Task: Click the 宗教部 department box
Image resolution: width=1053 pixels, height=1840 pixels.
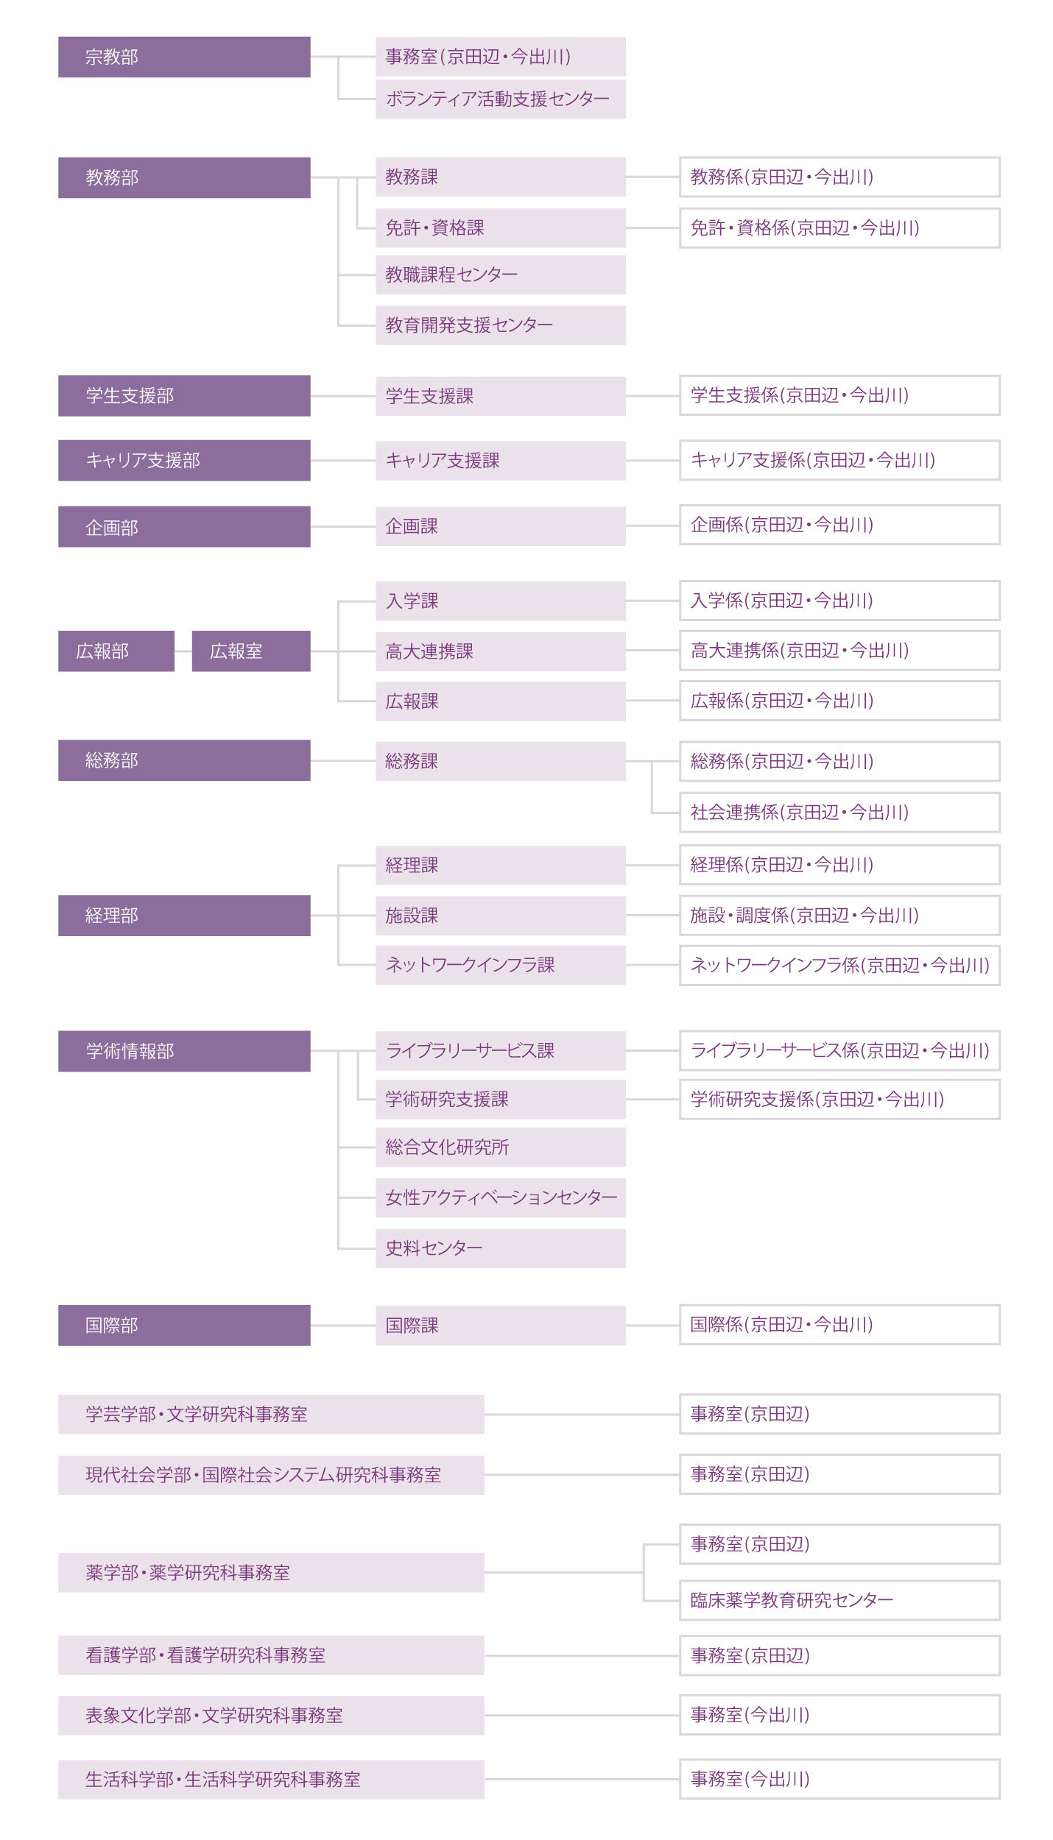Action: [184, 57]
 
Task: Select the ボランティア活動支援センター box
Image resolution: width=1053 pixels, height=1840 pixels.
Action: [501, 99]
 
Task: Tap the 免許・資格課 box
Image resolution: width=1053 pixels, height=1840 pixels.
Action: [501, 228]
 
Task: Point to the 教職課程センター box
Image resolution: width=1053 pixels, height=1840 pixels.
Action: [501, 275]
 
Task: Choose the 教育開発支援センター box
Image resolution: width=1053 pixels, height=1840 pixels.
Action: [501, 325]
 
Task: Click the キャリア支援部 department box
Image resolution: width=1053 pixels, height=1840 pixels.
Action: [184, 461]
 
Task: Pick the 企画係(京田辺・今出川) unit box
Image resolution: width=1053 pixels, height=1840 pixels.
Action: [839, 525]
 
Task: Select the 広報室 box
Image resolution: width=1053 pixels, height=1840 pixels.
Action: [251, 651]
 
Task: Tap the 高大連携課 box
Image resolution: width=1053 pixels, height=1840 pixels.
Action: [501, 651]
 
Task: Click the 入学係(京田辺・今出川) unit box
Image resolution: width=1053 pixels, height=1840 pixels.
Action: [839, 601]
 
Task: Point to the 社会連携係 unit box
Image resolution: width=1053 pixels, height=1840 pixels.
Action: [839, 813]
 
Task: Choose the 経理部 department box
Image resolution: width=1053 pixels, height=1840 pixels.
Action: [184, 916]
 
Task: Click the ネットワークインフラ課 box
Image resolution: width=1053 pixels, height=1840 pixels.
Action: [501, 966]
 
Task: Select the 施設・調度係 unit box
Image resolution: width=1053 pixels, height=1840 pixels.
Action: [839, 916]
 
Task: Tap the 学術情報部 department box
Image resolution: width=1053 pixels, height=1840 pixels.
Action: [184, 1051]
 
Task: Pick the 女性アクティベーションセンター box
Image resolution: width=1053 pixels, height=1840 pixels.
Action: [501, 1197]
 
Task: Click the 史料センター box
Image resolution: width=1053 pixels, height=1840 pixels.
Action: [501, 1248]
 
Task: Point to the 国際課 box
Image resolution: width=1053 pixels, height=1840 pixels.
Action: [501, 1326]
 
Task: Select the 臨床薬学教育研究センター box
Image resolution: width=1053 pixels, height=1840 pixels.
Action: [839, 1600]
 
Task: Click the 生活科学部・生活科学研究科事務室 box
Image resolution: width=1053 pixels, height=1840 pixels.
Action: [271, 1780]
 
